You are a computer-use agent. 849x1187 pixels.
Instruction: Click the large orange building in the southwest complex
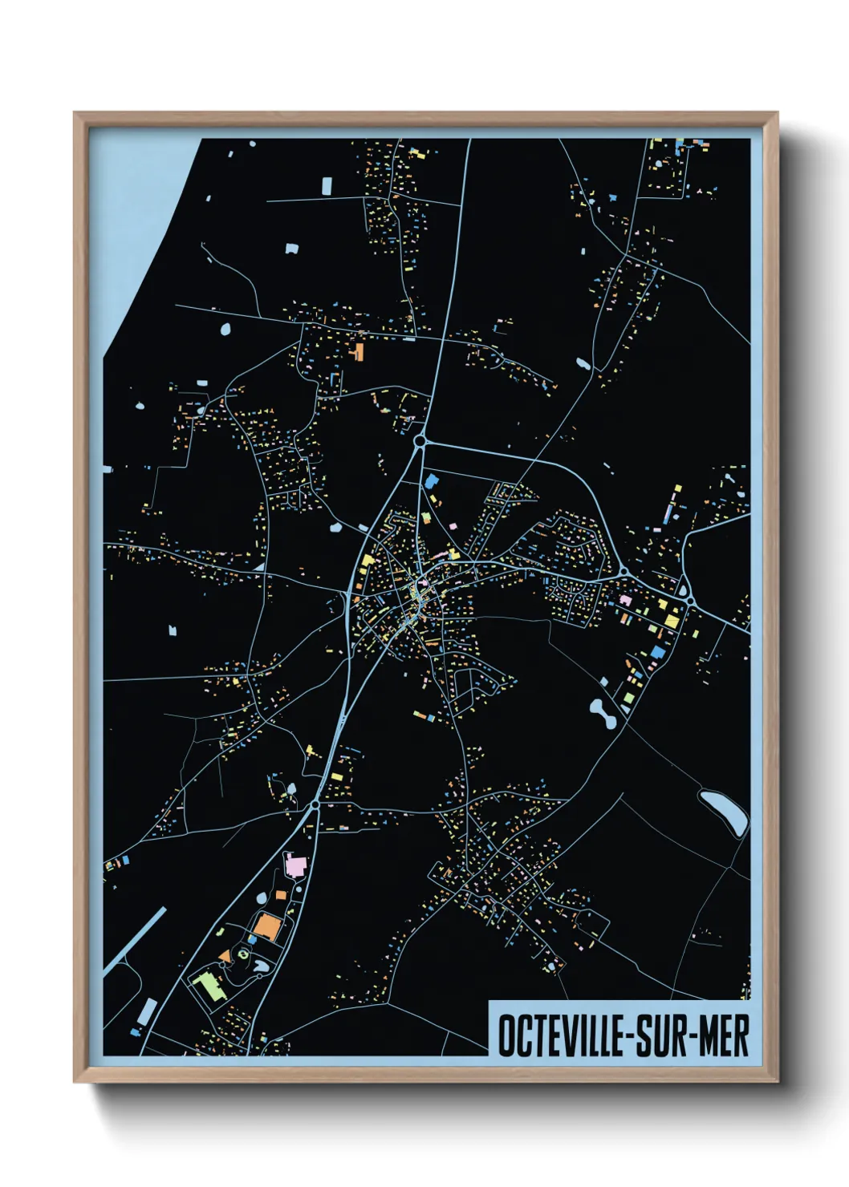click(267, 926)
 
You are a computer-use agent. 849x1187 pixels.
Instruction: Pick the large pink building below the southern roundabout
click(295, 866)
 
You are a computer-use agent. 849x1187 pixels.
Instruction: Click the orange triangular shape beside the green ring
click(225, 957)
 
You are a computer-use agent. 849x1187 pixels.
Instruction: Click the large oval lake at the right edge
click(724, 811)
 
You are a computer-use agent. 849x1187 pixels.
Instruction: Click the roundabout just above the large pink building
click(315, 804)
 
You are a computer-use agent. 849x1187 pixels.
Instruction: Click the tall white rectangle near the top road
click(327, 186)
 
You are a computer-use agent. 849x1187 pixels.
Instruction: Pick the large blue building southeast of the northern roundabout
click(432, 481)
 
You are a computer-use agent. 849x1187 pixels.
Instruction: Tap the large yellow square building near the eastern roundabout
click(671, 618)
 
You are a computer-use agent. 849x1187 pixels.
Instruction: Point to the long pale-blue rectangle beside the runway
click(147, 1011)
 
